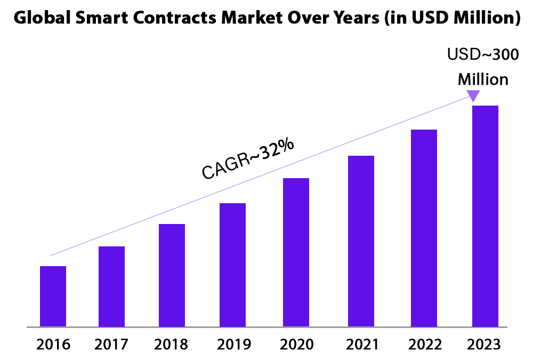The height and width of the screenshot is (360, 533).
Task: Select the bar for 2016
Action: pos(53,296)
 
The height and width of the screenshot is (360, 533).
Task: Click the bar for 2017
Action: pos(111,286)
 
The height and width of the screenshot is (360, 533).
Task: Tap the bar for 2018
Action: pos(172,275)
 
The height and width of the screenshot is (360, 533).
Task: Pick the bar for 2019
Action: pos(232,265)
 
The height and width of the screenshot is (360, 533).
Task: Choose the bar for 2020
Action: pos(296,252)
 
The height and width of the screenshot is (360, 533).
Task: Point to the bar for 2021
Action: pos(361,241)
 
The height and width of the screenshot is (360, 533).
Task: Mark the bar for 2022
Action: pos(424,228)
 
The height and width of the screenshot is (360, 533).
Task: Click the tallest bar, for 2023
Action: pos(485,215)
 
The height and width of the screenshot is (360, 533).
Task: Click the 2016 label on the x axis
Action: pos(53,344)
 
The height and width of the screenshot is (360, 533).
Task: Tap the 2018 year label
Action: pos(171,344)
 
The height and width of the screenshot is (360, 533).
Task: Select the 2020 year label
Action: pos(296,344)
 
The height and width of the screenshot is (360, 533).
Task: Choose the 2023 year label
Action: pos(484,344)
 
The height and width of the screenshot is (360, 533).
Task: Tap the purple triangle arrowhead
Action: pos(473,95)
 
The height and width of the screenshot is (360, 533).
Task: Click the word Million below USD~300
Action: pos(483,79)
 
